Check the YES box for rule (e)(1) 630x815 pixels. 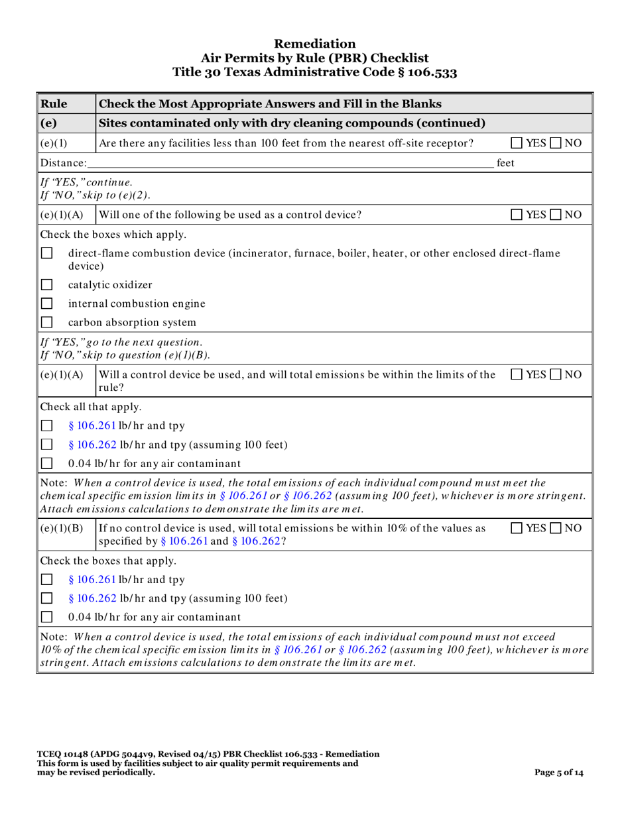click(517, 143)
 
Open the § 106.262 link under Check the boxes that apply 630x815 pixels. click(93, 598)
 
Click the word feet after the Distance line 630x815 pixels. click(506, 162)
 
